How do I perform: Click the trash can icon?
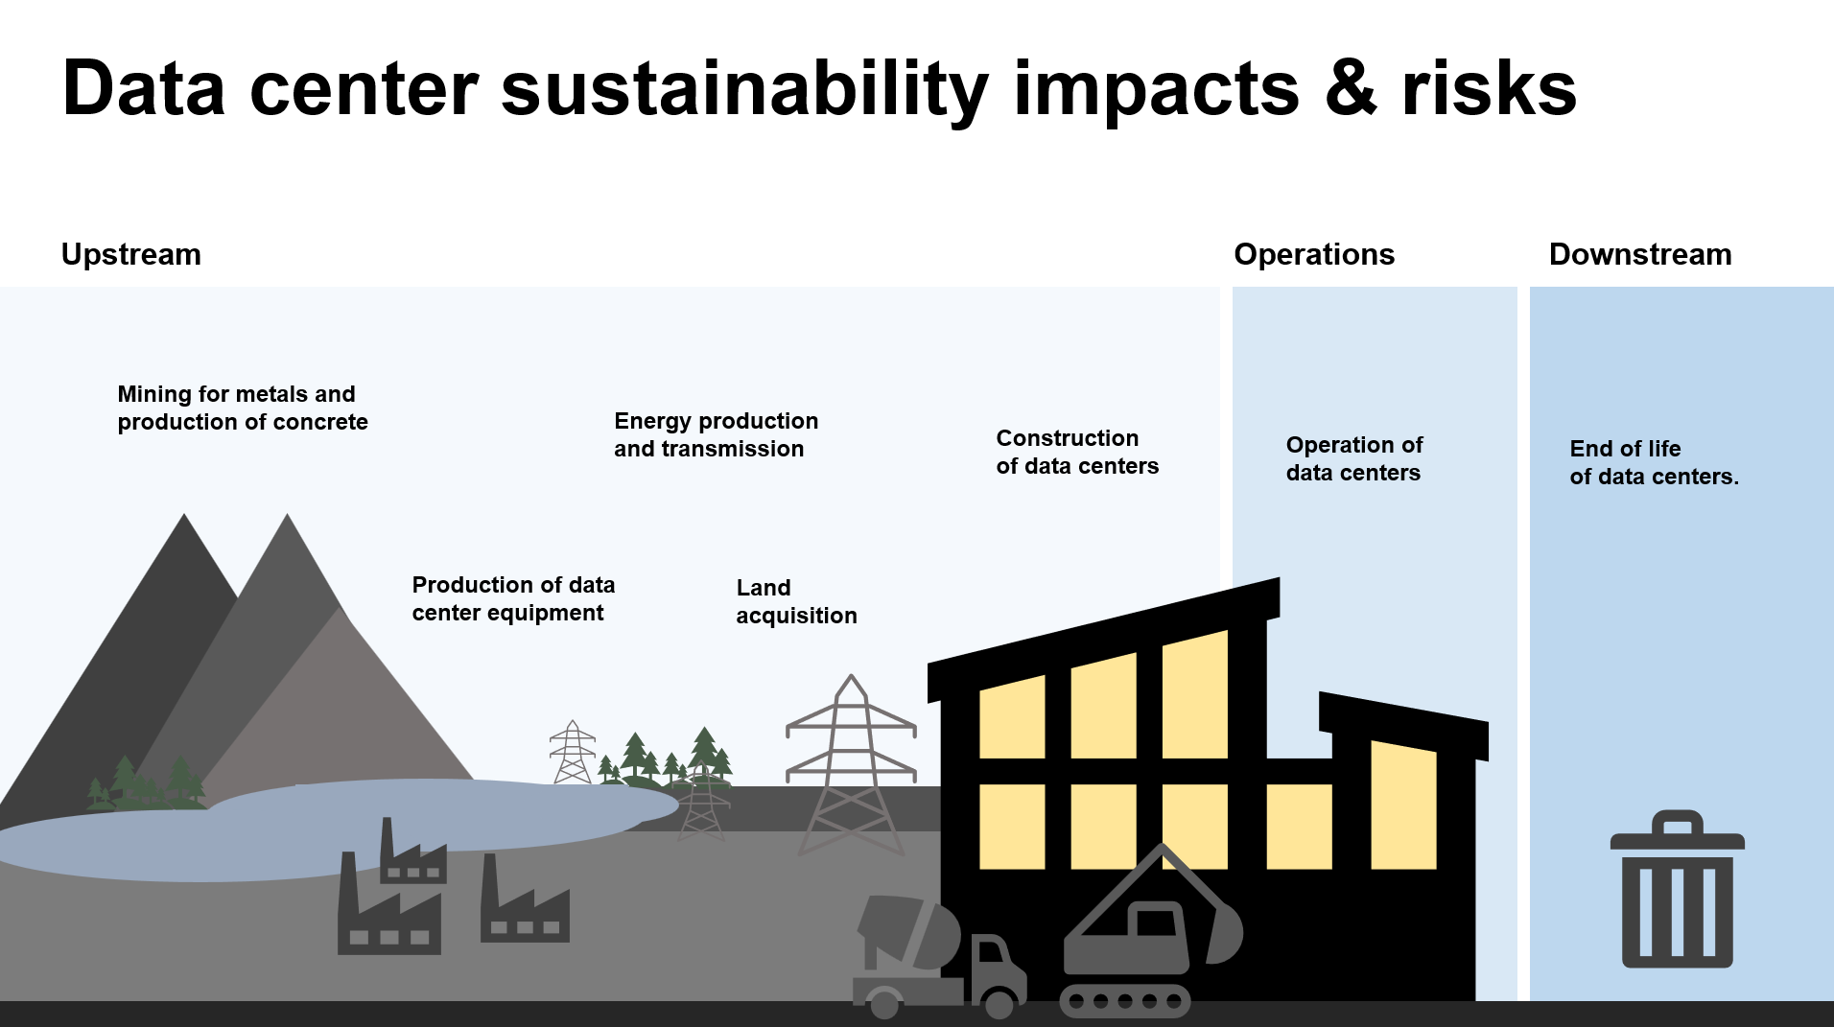[1677, 889]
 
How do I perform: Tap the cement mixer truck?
[938, 957]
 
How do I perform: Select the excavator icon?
[1151, 930]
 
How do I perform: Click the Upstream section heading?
[131, 254]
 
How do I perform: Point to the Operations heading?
[1314, 254]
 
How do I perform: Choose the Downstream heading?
[1640, 254]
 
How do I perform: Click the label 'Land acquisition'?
[796, 601]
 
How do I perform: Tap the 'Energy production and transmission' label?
[716, 434]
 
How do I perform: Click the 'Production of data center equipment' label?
[513, 598]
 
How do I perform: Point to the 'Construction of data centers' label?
[1077, 452]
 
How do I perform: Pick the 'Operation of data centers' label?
[1353, 458]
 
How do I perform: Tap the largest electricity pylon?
[851, 764]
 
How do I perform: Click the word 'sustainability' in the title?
[744, 89]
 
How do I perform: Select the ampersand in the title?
[1351, 89]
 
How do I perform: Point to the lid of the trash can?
[1677, 830]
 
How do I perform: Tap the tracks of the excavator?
[1125, 1001]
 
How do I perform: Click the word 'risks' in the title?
[1489, 89]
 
